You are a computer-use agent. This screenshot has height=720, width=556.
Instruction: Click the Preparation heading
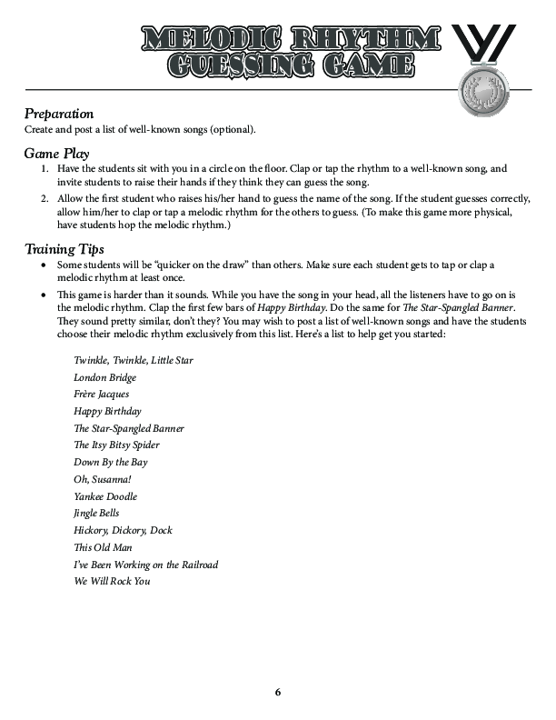point(59,114)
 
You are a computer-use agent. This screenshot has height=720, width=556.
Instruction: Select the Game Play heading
point(56,154)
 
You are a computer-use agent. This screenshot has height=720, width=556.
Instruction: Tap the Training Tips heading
point(65,248)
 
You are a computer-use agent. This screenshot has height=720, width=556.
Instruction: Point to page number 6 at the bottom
point(278,693)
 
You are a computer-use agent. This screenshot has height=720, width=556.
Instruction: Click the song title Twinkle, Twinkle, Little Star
point(133,360)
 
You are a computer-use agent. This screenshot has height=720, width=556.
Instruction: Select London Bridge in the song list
point(104,377)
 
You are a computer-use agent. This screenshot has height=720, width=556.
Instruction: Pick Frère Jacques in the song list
point(101,395)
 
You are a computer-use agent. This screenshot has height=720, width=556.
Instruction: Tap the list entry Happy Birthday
point(107,411)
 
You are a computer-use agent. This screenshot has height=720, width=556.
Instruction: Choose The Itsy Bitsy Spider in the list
point(116,445)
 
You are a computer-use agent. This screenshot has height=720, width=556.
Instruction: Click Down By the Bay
point(110,462)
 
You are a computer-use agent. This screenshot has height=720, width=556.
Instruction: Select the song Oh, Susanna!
point(103,479)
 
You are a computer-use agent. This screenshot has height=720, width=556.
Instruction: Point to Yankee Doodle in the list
point(105,496)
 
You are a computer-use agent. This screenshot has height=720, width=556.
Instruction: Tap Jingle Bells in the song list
point(96,513)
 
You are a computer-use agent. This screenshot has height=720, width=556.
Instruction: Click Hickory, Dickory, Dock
point(123,530)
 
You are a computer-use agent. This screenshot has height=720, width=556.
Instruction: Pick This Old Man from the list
point(104,547)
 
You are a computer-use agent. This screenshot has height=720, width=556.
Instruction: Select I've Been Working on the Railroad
point(145,565)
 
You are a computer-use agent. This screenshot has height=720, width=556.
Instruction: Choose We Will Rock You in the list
point(112,581)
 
